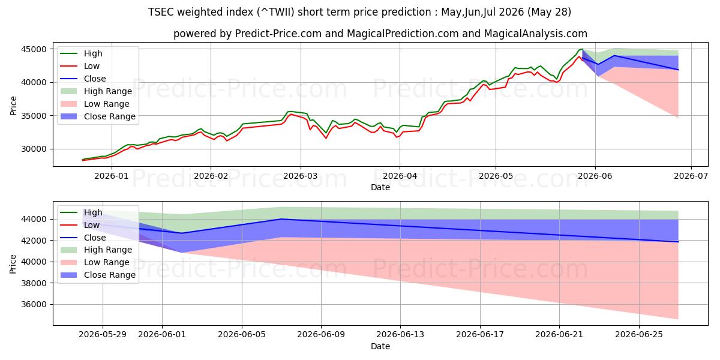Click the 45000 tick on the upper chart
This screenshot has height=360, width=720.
(34, 49)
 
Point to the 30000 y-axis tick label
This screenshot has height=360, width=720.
(34, 149)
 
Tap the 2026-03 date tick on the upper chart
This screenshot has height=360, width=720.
(301, 176)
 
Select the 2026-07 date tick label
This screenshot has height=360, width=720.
(691, 176)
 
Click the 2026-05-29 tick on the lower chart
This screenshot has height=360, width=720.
(103, 335)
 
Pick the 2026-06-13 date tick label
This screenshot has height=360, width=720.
(400, 335)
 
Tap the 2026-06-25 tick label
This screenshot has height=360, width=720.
(639, 335)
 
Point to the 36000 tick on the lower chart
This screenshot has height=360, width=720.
(34, 304)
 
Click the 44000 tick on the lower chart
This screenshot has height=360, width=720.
(34, 219)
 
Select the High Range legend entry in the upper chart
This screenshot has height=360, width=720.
(97, 91)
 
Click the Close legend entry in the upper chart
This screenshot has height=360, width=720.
(83, 79)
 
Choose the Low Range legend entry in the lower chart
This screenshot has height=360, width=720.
(95, 262)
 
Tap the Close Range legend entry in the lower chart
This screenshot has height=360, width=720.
(98, 275)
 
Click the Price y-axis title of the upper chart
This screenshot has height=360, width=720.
(13, 106)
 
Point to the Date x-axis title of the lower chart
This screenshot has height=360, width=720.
(380, 347)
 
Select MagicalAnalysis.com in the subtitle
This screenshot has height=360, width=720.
(535, 34)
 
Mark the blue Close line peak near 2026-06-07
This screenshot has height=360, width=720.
(281, 219)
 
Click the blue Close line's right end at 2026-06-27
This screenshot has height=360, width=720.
(678, 242)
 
